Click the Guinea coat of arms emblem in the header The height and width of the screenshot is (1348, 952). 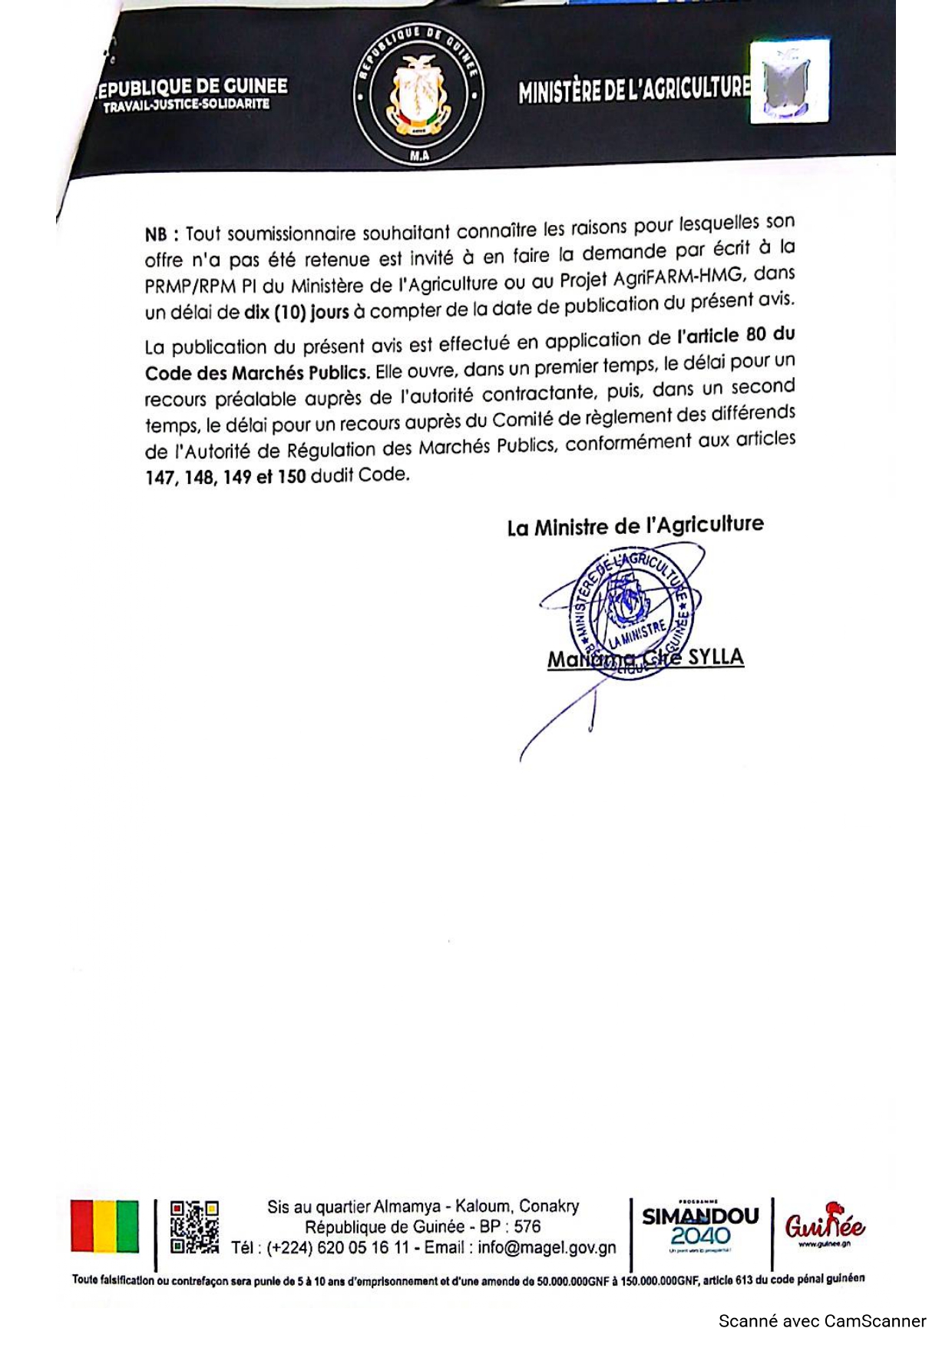(418, 94)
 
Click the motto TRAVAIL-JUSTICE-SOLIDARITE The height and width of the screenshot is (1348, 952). (187, 104)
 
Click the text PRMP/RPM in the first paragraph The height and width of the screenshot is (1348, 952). (190, 286)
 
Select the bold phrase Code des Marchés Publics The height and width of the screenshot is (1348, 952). (256, 373)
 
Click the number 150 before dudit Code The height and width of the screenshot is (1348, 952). (292, 476)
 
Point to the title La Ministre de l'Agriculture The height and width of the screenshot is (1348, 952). (635, 526)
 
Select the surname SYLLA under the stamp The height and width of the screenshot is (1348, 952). (716, 657)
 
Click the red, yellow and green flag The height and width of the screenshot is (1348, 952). (105, 1227)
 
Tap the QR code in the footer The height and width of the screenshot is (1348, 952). (194, 1227)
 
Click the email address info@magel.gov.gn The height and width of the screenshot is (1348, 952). (547, 1247)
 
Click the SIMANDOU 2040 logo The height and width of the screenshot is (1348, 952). (700, 1226)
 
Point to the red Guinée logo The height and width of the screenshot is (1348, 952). (824, 1224)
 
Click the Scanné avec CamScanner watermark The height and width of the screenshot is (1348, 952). (822, 1321)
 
